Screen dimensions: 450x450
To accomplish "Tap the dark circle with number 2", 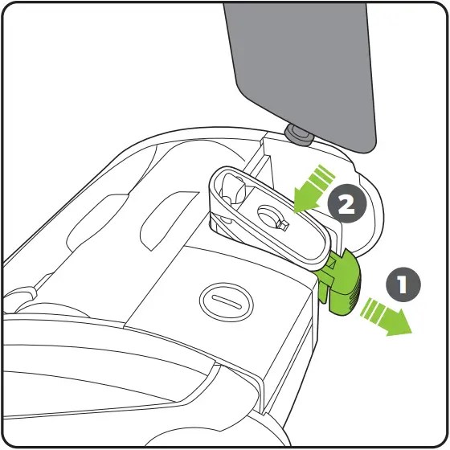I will coord(346,204).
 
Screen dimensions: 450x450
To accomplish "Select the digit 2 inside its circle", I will coord(346,204).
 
